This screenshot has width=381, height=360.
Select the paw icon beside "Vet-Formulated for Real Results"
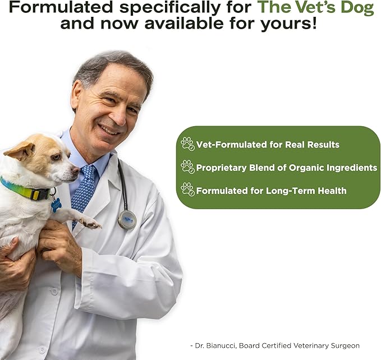pyautogui.click(x=187, y=144)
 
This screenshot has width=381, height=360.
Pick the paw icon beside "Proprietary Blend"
pyautogui.click(x=187, y=167)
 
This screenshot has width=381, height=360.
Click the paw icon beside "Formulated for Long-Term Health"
pyautogui.click(x=187, y=190)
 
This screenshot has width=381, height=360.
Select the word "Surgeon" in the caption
pyautogui.click(x=345, y=345)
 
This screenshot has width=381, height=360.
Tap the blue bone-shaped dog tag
pyautogui.click(x=56, y=205)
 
